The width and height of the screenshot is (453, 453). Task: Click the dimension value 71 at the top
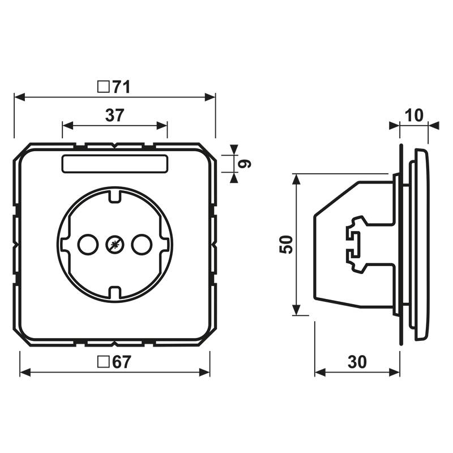121,87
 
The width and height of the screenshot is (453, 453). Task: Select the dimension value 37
114,115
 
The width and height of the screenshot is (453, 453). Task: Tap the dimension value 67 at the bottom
121,362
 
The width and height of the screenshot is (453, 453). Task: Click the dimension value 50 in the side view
287,245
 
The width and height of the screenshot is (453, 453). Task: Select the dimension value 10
414,115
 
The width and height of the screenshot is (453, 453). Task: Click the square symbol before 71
103,87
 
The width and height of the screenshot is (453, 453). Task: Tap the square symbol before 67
103,362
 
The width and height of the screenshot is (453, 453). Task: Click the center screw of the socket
114,245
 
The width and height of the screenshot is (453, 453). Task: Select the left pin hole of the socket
88,245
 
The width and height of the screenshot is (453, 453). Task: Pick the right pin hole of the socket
140,245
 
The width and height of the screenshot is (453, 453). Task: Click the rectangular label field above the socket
114,164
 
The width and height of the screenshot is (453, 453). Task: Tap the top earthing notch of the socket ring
114,195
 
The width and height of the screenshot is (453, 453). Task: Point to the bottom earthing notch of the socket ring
114,293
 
